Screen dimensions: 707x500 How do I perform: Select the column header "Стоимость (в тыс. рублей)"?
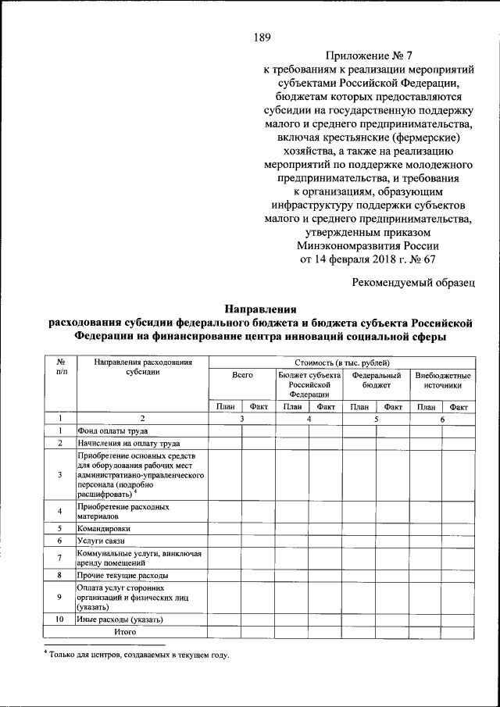[x=342, y=362]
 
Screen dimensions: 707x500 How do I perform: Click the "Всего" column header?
[x=242, y=376]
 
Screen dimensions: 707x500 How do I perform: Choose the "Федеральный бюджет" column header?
[x=376, y=380]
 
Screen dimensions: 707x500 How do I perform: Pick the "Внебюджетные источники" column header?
[x=443, y=380]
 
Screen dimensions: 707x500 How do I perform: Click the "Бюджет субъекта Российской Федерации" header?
[x=309, y=385]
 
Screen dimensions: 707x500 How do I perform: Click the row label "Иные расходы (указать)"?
[x=120, y=620]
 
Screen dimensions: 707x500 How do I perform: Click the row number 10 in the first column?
[x=59, y=620]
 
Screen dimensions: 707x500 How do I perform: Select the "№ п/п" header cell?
[x=59, y=367]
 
